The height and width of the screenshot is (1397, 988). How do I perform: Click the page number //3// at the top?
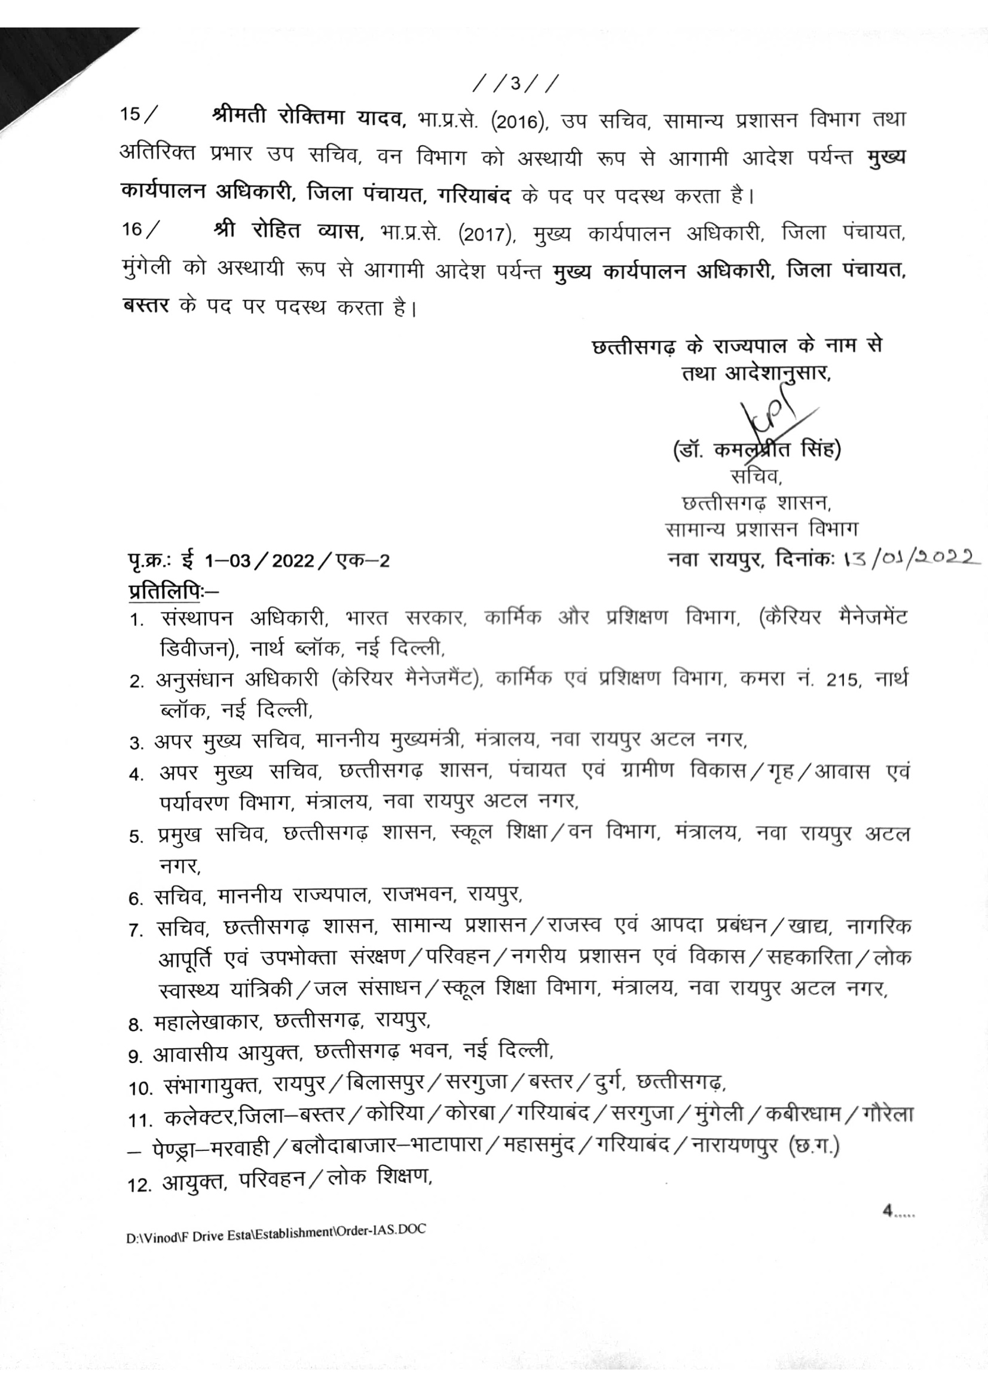516,84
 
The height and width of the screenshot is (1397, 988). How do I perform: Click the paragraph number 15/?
138,115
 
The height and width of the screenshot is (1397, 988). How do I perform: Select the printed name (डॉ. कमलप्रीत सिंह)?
757,451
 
